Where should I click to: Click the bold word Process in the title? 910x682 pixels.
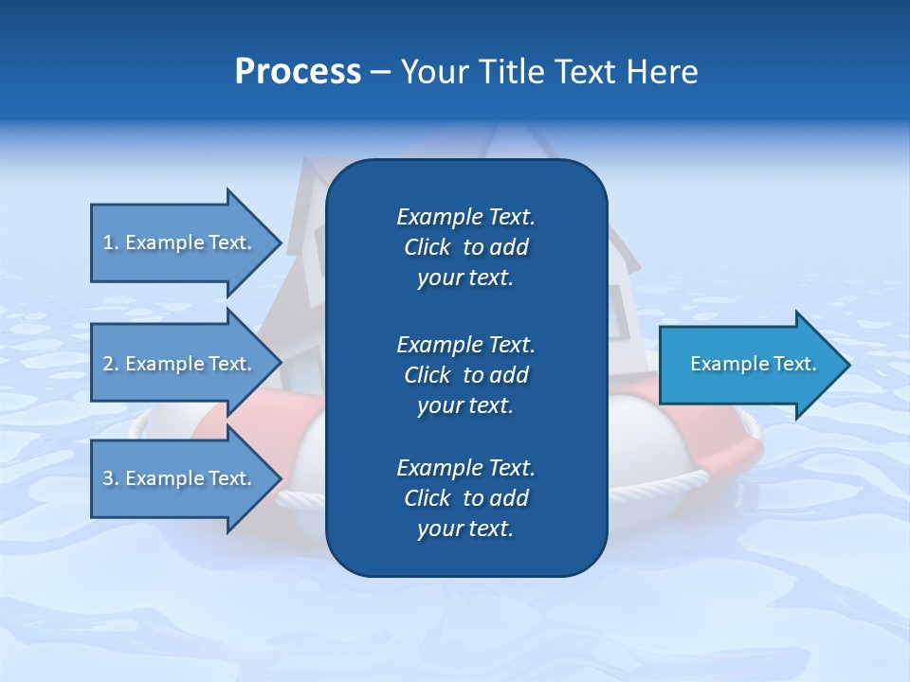tap(298, 72)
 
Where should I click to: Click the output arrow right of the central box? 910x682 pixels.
tap(754, 364)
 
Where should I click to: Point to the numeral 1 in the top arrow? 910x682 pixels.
tap(108, 242)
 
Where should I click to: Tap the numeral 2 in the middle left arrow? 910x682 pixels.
tap(108, 364)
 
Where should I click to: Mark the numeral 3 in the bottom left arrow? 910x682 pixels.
tap(108, 478)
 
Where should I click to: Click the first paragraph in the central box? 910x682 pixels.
tap(465, 247)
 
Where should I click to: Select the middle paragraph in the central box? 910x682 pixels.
tap(465, 375)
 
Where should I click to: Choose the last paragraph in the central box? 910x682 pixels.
tap(465, 498)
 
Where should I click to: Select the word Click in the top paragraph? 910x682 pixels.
tap(428, 247)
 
